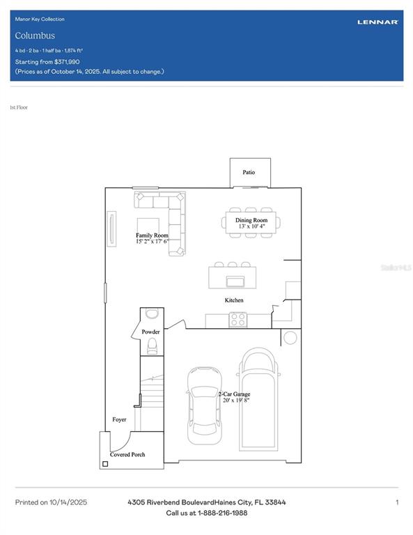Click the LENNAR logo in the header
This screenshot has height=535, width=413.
377,22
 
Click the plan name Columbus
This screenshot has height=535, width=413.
35,36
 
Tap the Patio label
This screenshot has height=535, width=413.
249,172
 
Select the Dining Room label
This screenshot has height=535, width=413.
251,220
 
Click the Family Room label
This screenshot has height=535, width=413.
152,235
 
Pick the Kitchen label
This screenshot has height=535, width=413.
234,300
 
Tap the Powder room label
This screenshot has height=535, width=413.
151,332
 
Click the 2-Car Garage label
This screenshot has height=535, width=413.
234,394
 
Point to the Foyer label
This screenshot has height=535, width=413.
120,419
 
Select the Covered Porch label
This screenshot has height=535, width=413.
127,454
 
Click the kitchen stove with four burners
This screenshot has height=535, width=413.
238,320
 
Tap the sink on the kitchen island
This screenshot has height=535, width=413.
235,281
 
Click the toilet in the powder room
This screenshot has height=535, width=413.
152,346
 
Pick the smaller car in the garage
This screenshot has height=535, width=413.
203,407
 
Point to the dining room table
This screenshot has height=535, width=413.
251,222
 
